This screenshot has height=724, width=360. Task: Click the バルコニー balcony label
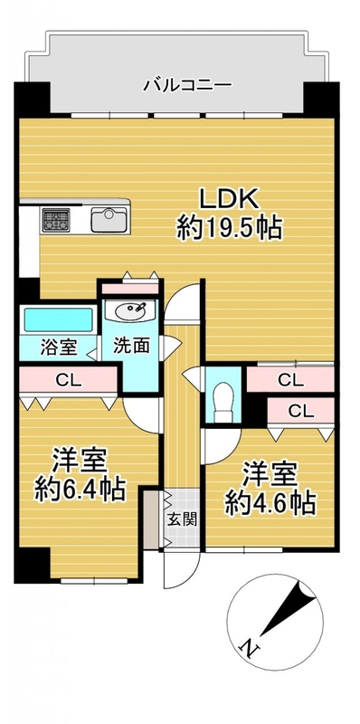[187, 85]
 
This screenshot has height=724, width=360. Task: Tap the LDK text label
[228, 199]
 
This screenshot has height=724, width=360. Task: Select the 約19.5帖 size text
[230, 228]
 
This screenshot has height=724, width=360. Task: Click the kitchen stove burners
[56, 220]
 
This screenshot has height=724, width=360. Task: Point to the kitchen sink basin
[109, 219]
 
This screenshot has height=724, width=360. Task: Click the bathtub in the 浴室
[59, 319]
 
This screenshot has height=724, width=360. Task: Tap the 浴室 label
[59, 348]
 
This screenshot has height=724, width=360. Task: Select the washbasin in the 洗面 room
[131, 310]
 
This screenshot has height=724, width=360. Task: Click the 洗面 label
[132, 347]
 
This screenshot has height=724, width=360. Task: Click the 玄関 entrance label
[183, 519]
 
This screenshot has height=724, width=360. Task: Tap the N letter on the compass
[250, 648]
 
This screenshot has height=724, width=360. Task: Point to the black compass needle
[289, 606]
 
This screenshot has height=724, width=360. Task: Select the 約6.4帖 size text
[80, 490]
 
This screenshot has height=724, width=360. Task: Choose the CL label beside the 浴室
[69, 380]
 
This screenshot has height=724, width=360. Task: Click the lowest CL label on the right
[301, 411]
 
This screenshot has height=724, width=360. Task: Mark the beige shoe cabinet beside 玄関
[151, 519]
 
